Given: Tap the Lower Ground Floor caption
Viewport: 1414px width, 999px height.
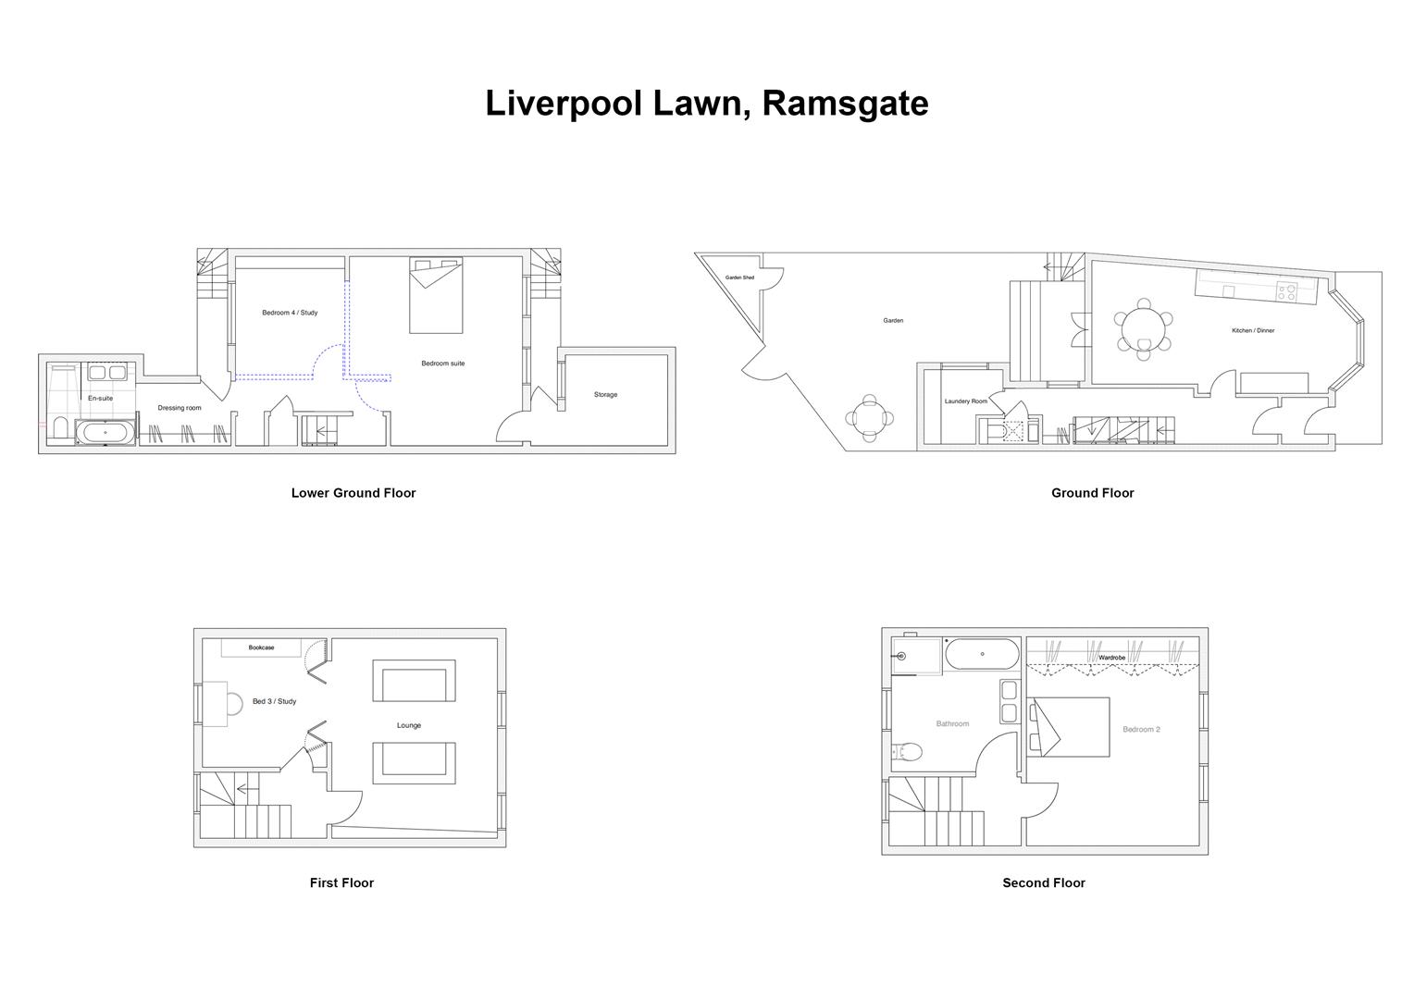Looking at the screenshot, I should (353, 493).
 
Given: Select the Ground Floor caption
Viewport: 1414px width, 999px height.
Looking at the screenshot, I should (1092, 493).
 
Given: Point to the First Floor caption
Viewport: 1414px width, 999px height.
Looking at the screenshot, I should (341, 882).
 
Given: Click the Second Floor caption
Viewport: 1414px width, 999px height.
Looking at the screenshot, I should (1043, 882).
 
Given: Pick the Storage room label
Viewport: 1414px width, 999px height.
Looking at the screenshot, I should (605, 395).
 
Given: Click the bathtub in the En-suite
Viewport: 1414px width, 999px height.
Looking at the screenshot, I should (105, 433).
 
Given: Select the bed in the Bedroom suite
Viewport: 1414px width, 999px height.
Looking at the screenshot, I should (436, 296).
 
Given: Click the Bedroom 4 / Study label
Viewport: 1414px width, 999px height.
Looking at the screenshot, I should (290, 313).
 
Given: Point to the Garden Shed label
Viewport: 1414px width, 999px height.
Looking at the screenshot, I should (739, 277).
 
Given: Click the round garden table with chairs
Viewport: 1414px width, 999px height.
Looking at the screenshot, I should (868, 418).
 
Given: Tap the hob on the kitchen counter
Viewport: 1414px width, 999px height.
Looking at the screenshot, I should (1286, 292).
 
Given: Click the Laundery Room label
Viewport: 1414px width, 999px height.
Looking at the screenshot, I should (965, 401).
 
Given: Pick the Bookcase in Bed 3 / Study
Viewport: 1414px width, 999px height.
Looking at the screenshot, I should (261, 647).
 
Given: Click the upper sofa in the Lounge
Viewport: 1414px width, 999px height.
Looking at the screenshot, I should (414, 682).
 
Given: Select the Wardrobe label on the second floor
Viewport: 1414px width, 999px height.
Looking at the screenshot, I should (1111, 658).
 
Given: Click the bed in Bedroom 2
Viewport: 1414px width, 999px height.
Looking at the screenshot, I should (1071, 727).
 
